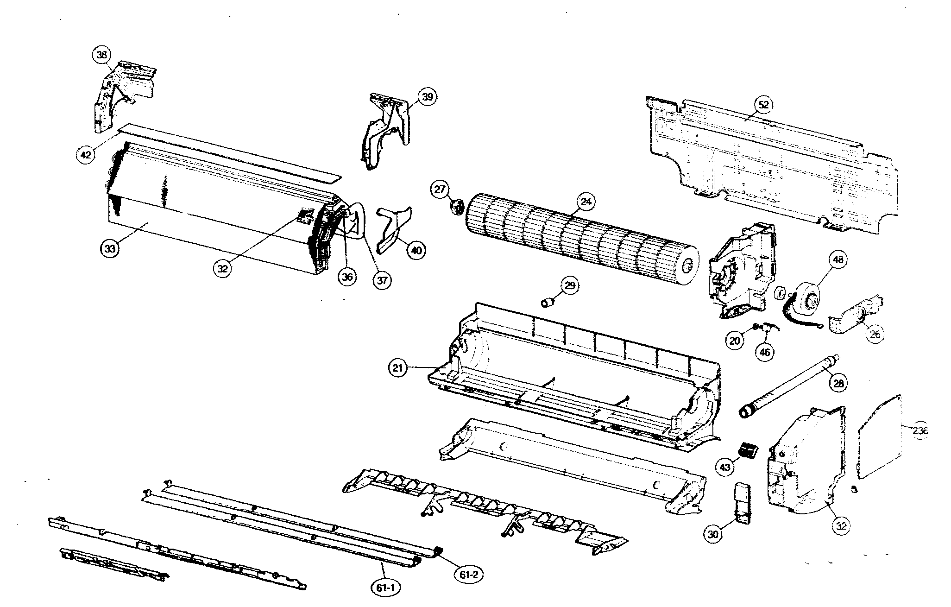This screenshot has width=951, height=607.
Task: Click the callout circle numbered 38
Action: tap(102, 55)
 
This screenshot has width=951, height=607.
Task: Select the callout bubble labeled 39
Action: tap(427, 97)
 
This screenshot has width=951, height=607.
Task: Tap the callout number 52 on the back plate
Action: tap(763, 105)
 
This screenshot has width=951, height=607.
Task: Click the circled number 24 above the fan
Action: tap(586, 202)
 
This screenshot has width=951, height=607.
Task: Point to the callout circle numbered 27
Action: tap(440, 189)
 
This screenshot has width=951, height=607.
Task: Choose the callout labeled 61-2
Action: tap(469, 575)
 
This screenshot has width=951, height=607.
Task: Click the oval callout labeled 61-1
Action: tap(385, 588)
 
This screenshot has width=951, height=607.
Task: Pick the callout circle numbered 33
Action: tap(109, 248)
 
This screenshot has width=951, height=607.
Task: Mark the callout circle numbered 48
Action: tap(838, 259)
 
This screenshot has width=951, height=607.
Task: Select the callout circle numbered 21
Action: tap(397, 368)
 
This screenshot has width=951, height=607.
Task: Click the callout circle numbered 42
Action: tap(85, 155)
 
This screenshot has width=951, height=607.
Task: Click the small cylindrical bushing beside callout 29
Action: tap(548, 303)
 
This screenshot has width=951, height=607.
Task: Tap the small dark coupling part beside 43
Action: tap(747, 449)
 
